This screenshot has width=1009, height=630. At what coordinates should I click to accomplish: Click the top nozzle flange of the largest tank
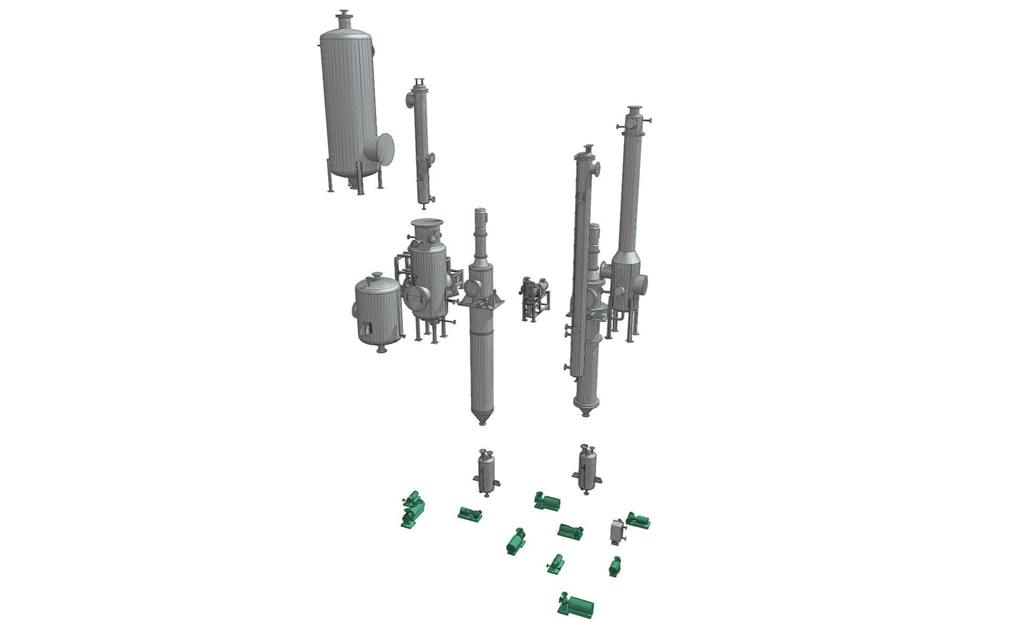click(344, 13)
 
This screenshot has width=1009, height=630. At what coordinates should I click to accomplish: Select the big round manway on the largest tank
click(379, 149)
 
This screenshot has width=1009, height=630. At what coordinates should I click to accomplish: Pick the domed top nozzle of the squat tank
click(377, 276)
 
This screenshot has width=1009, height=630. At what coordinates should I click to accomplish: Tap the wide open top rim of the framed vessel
click(427, 223)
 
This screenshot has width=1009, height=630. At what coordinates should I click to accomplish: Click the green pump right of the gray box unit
click(639, 520)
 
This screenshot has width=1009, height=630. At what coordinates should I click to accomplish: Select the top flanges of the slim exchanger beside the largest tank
click(419, 83)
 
